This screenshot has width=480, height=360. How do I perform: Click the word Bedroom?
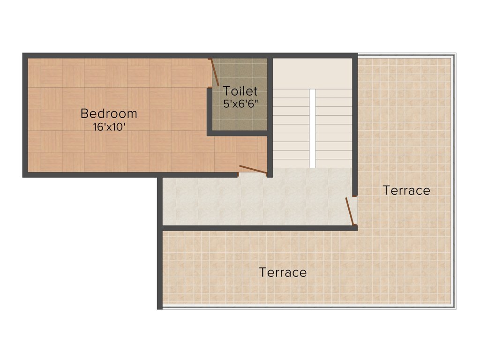(x=109, y=113)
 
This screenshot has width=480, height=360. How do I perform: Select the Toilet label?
(x=240, y=91)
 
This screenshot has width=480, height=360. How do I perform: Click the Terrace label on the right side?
(x=406, y=191)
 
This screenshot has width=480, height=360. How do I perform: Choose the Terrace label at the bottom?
(x=283, y=272)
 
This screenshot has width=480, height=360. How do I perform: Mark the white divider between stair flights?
(x=312, y=127)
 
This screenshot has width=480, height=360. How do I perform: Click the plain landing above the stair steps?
(x=312, y=73)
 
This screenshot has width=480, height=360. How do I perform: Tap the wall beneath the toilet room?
(x=238, y=133)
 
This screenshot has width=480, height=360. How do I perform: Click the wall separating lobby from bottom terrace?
(x=258, y=228)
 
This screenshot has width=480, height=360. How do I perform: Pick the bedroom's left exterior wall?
(x=25, y=115)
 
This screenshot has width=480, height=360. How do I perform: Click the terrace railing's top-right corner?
(x=454, y=55)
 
